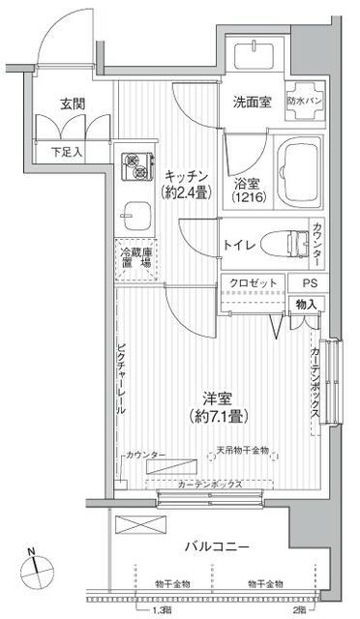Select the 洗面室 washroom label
251,100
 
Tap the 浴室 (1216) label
247,189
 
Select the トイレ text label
239,245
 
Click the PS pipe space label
307,281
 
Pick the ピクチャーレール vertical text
121,377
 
